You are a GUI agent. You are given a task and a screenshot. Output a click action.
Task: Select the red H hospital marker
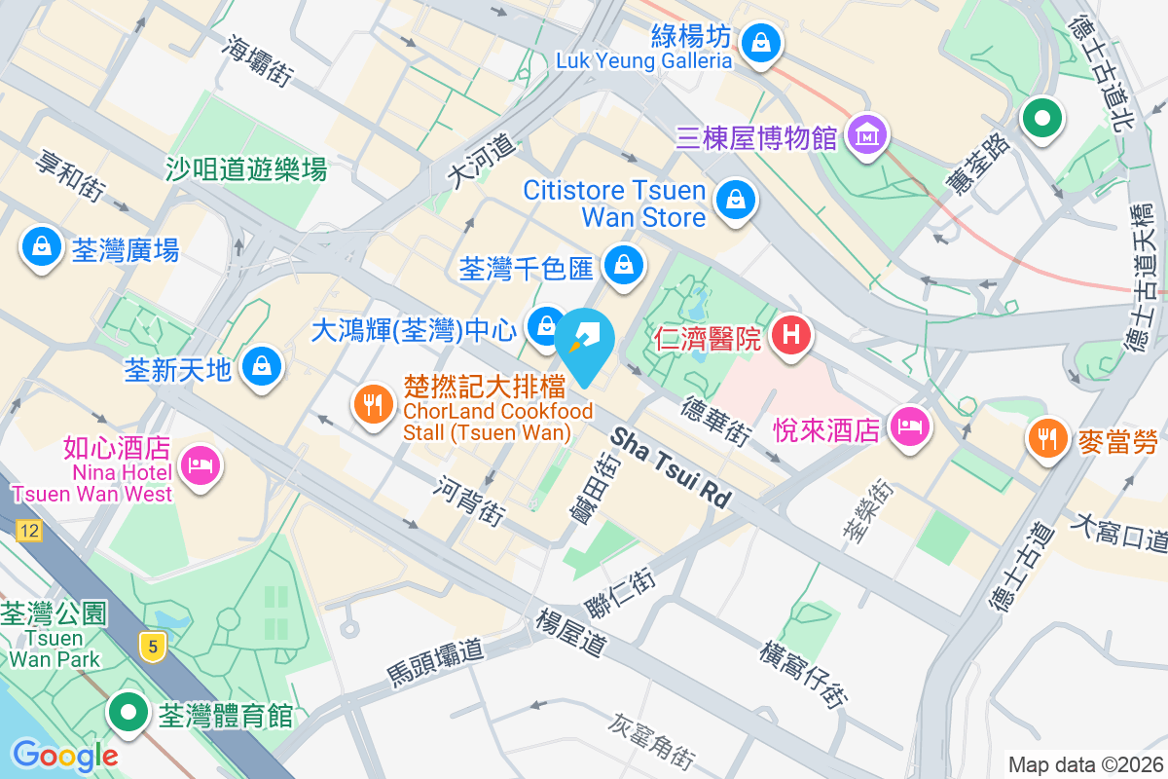tap(791, 337)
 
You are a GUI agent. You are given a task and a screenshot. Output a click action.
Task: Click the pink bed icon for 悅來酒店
tap(909, 426)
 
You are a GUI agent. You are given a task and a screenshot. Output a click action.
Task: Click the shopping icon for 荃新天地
tap(261, 367)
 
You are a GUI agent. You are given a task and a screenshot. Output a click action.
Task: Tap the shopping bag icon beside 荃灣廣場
tap(42, 248)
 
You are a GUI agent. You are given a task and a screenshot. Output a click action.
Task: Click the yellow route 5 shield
tap(150, 646)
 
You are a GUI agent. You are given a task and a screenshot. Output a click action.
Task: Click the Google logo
tap(65, 755)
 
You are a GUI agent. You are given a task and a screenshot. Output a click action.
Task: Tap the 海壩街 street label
tap(258, 61)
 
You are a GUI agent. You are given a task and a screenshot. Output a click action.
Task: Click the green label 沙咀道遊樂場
tap(246, 170)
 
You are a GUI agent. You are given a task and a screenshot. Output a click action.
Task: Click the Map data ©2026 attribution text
tap(1085, 764)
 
